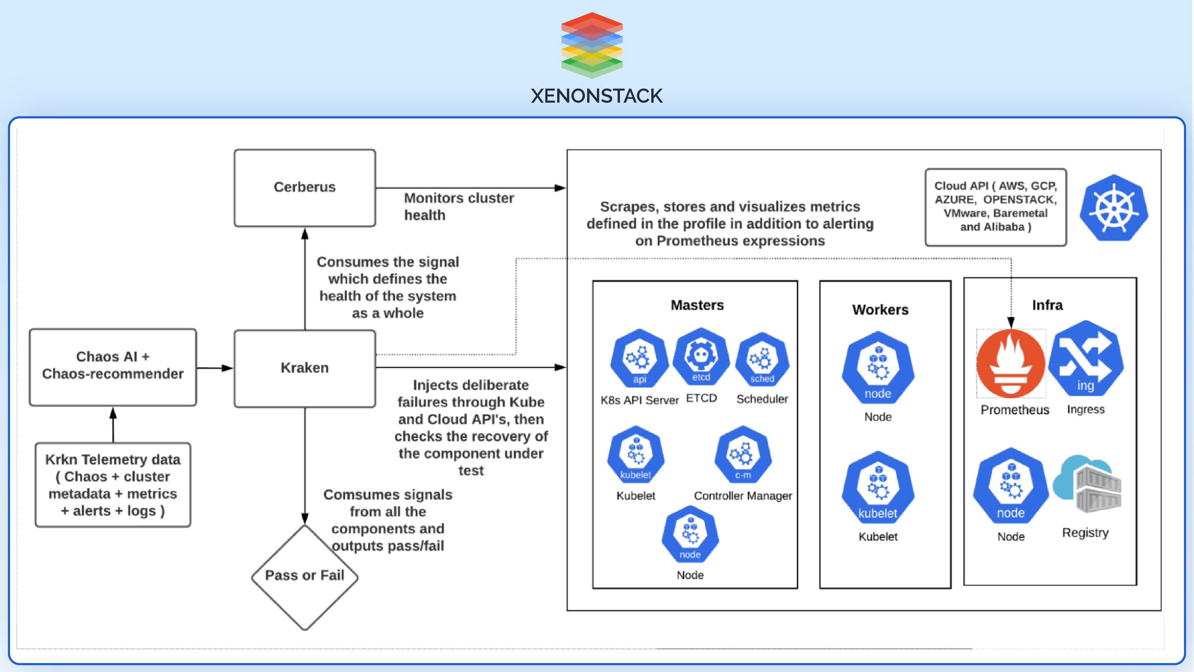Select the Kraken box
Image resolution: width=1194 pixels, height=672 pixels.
(304, 368)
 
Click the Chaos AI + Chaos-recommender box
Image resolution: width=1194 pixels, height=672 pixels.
(113, 366)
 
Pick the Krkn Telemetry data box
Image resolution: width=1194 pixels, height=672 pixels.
(113, 485)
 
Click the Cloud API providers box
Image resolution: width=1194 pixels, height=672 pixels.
(995, 207)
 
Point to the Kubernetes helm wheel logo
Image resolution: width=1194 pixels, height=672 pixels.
(1113, 208)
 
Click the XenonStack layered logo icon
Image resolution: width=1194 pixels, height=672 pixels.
(592, 45)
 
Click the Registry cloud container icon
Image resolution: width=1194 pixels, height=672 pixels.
(1087, 485)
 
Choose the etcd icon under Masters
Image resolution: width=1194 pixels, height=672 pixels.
(701, 357)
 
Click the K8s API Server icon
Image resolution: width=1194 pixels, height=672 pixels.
(639, 358)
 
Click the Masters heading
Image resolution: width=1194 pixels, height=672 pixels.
(696, 305)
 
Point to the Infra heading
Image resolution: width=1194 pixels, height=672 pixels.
(1047, 305)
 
